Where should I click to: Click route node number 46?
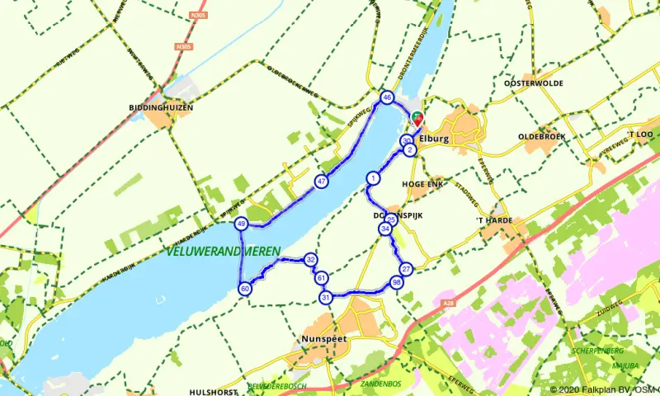[x=387, y=98]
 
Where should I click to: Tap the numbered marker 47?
[x=322, y=181]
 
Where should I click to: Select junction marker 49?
[x=241, y=224]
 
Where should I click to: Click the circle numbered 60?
[x=244, y=289]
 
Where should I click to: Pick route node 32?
[x=311, y=260]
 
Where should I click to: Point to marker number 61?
[x=321, y=278]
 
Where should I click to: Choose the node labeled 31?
[x=326, y=298]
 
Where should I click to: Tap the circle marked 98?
[x=397, y=283]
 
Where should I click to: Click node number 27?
[x=405, y=270]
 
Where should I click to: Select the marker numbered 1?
[x=374, y=178]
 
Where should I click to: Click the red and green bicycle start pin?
[x=418, y=118]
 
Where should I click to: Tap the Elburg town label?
[x=434, y=139]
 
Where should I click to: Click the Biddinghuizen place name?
[x=161, y=108]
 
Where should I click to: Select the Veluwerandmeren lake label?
[x=223, y=252]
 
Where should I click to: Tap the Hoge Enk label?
[x=422, y=184]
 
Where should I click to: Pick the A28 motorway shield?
[x=447, y=304]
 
